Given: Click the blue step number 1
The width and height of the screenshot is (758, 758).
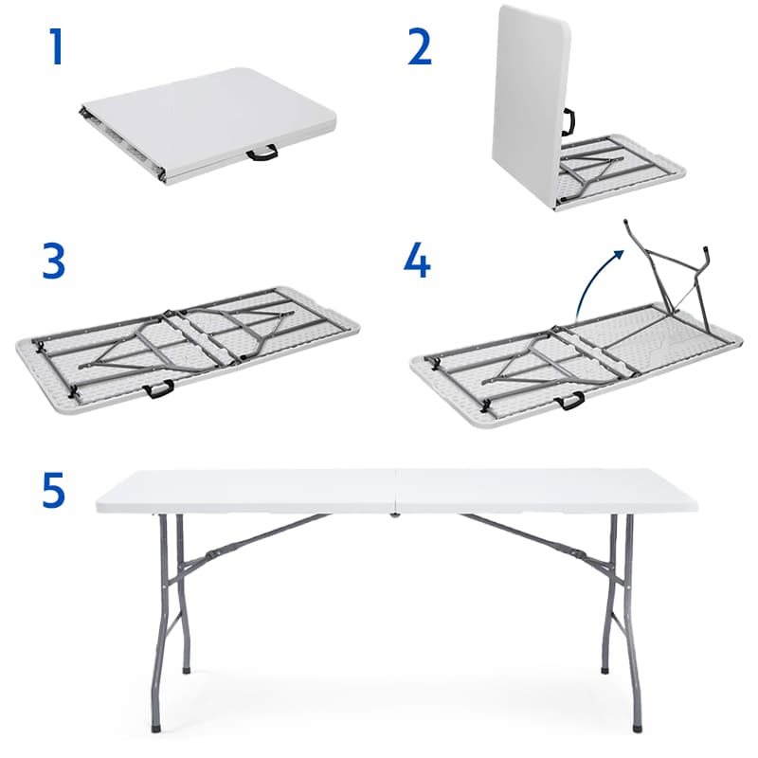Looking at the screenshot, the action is (57, 46).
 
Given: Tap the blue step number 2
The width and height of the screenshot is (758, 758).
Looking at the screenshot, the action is (419, 46).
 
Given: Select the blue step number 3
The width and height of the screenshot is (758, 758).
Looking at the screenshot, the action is (54, 262).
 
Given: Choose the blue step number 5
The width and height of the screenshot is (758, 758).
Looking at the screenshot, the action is (54, 490).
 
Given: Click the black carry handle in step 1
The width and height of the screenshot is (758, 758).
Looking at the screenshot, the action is (262, 153).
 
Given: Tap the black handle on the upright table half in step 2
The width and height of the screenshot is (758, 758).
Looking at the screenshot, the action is (568, 122).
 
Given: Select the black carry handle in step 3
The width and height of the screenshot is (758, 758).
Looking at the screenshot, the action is (158, 388).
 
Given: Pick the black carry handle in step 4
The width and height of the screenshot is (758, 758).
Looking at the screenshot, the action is (569, 400).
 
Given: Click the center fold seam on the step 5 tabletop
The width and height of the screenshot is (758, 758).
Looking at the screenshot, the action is (396, 492).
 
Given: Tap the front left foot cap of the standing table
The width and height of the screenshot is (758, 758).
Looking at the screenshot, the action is (155, 728).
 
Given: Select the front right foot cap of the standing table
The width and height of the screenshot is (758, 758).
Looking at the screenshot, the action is (638, 728).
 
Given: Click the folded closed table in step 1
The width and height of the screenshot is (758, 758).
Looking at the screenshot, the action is (208, 126).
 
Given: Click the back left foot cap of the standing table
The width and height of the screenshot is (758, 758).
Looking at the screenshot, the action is (187, 670).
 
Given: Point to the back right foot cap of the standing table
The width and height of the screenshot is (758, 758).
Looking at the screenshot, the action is (605, 670).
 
